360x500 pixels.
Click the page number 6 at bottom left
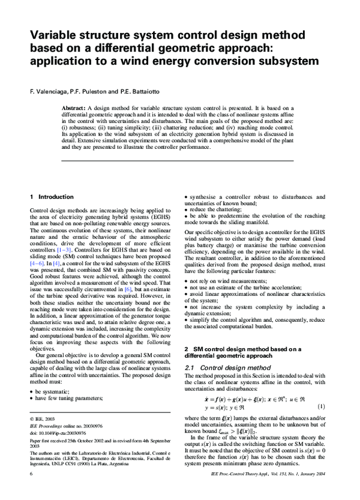[x=31, y=490]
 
